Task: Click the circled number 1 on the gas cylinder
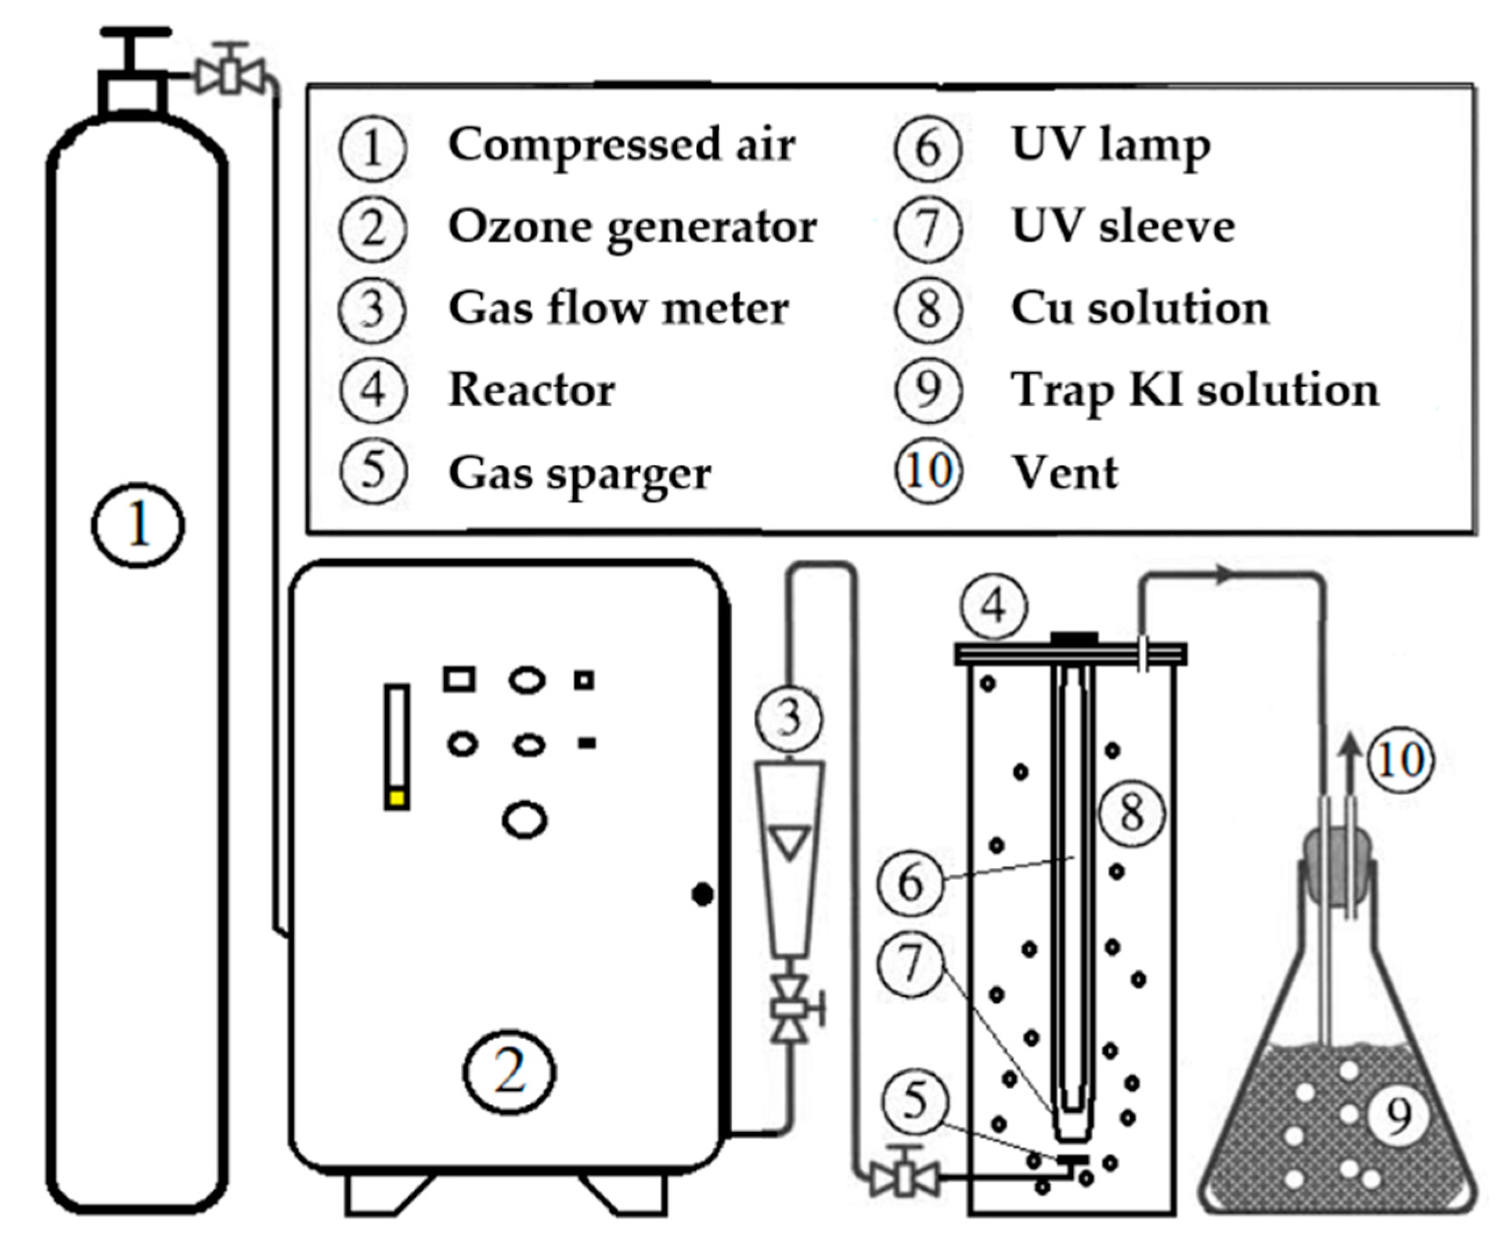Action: coord(138,526)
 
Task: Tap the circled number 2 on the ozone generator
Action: coord(509,1073)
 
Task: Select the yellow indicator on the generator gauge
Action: coord(397,799)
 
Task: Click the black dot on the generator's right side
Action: coord(702,894)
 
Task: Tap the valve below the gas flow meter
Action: coord(790,1009)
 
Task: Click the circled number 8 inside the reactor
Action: coord(1131,812)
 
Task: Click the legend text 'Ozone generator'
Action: coord(632,228)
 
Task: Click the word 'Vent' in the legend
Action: coord(1065,474)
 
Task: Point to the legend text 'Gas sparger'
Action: coord(579,474)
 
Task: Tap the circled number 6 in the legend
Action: coord(927,147)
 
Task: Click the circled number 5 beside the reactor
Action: coord(915,1100)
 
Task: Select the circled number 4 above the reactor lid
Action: coord(993,606)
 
